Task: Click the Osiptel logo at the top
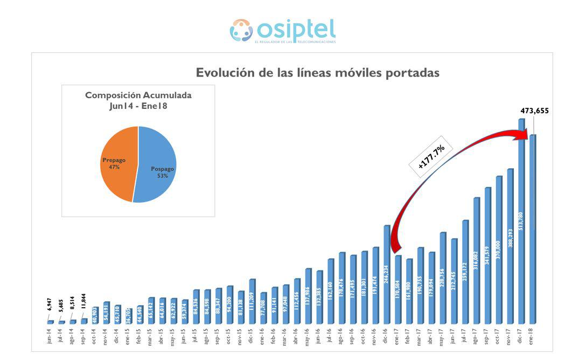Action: pos(283,31)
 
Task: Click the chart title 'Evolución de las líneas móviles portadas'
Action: pos(317,73)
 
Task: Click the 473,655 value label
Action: pos(534,111)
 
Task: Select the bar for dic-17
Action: pos(521,221)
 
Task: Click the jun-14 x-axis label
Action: pos(50,336)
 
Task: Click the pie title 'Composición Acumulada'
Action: pos(138,95)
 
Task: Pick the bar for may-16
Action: pos(308,296)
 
